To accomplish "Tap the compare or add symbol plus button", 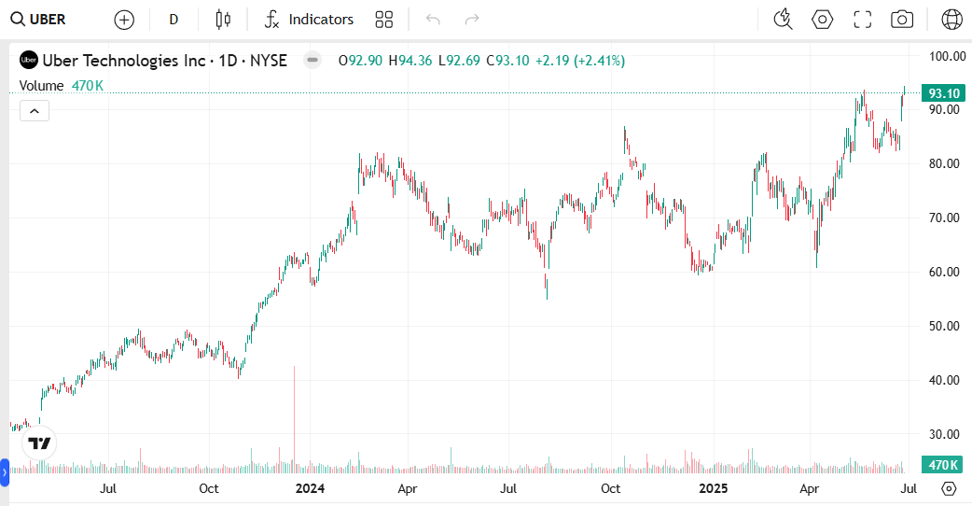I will click(x=124, y=19).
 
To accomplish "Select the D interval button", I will click(x=174, y=19).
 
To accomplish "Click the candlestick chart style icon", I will click(x=222, y=19).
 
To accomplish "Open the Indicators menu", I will click(x=309, y=19).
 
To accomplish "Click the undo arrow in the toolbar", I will click(x=433, y=19).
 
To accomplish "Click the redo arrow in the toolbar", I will click(x=472, y=19).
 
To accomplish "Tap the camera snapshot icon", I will click(x=901, y=19).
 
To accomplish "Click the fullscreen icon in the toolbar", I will click(x=862, y=19).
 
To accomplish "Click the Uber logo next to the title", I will click(x=29, y=61).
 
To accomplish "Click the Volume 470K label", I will click(x=62, y=86).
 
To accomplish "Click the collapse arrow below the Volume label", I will click(x=34, y=111).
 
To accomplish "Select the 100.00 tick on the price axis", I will click(x=947, y=56).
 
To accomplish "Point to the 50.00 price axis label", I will click(x=947, y=326).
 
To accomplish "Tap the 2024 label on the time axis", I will click(x=309, y=487).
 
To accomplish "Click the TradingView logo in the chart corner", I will click(x=39, y=443).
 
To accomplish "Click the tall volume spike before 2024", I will click(x=294, y=411).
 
